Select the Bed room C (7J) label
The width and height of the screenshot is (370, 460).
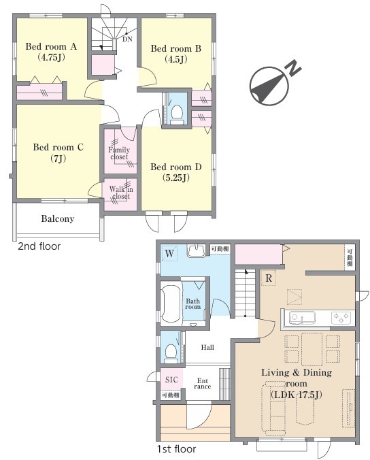pos(58,152)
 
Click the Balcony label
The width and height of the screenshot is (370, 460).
pos(57,219)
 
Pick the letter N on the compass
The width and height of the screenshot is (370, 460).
pos(293,68)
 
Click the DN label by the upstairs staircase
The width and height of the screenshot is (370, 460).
pos(127,39)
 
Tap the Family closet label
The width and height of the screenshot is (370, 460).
pos(119,153)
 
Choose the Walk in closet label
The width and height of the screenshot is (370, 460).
pos(121,193)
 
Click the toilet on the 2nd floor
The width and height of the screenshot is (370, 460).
pos(177,115)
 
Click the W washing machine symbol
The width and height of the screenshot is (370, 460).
pos(169,254)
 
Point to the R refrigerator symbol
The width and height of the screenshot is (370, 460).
pos(269,278)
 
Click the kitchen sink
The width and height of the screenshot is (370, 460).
pos(302,318)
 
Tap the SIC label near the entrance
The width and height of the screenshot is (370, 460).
pos(171,380)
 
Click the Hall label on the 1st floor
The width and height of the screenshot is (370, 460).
pos(207,348)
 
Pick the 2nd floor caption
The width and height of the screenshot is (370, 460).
pos(39,246)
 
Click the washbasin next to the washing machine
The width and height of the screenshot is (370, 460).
pos(197,251)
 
